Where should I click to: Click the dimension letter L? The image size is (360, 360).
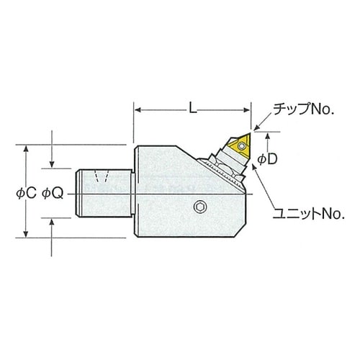pyautogui.click(x=193, y=108)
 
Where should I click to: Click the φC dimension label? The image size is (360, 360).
pyautogui.click(x=26, y=193)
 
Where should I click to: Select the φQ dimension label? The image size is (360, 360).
pyautogui.click(x=53, y=194)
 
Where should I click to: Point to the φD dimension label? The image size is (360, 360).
pyautogui.click(x=267, y=159)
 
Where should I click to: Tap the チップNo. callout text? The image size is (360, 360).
pyautogui.click(x=304, y=109)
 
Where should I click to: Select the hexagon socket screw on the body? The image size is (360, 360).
pyautogui.click(x=200, y=207)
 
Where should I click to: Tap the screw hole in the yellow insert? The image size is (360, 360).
pyautogui.click(x=242, y=145)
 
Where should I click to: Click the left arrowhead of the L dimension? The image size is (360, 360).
pyautogui.click(x=138, y=110)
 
